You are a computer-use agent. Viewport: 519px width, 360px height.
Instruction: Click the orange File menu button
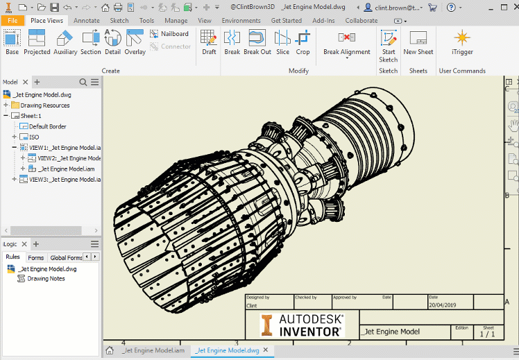[12, 21]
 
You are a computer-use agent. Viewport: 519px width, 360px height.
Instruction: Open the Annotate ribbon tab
[87, 21]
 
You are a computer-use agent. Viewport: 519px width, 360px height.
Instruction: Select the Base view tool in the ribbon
[12, 41]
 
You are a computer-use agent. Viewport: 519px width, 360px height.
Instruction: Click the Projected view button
[37, 41]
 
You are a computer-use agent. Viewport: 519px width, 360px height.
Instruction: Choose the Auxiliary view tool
[65, 41]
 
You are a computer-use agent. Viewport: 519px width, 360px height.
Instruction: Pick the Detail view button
[112, 41]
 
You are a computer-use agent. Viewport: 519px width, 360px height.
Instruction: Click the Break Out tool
[257, 41]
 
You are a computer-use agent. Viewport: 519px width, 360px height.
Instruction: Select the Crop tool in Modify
[303, 41]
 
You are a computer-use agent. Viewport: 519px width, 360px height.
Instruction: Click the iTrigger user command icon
[462, 41]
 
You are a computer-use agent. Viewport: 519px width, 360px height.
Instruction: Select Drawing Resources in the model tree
[44, 105]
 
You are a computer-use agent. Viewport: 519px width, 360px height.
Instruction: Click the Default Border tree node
[47, 126]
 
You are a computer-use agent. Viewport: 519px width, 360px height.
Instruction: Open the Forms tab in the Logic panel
[35, 257]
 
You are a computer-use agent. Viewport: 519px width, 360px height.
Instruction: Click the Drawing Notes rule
[46, 278]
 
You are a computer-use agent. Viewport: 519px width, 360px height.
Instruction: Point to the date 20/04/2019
[443, 305]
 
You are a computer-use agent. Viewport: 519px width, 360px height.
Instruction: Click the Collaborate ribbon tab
[361, 21]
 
